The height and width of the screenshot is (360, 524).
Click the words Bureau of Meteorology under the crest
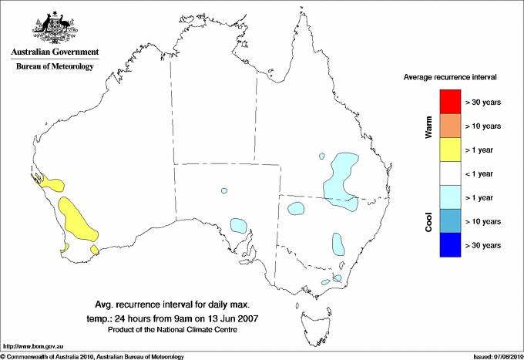[55, 66]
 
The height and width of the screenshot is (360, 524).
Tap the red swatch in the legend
[450, 102]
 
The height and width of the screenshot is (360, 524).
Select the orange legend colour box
[450, 126]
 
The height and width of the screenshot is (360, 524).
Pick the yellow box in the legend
[450, 150]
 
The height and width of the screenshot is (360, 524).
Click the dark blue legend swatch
[450, 245]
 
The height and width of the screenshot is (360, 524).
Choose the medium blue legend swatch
[450, 221]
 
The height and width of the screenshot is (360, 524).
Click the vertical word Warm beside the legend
[429, 127]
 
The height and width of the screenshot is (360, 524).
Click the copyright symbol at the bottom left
[3, 356]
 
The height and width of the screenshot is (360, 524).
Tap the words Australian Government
[55, 52]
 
